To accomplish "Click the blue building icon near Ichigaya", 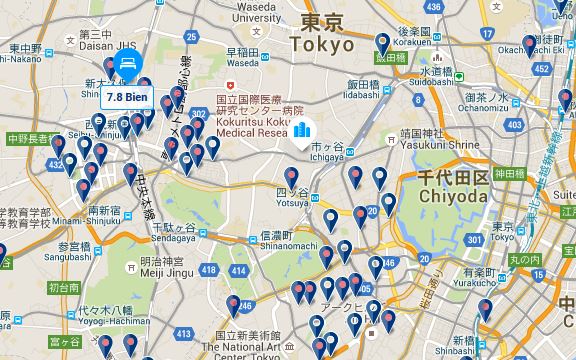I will pyautogui.click(x=303, y=130).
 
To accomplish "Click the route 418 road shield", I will pyautogui.click(x=209, y=270).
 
